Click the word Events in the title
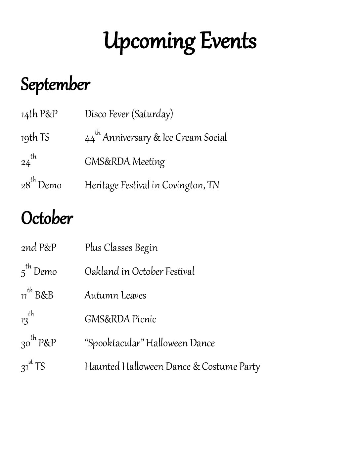point(228,41)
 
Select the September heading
point(55,85)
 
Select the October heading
point(47,218)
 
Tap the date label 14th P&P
point(39,114)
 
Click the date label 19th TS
point(35,138)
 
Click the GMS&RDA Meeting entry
point(124,162)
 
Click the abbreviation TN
point(213,185)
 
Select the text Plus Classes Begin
point(121,248)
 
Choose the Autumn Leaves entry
point(115,296)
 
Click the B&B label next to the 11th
point(44,296)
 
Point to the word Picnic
point(144,319)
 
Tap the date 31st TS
point(33,367)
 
